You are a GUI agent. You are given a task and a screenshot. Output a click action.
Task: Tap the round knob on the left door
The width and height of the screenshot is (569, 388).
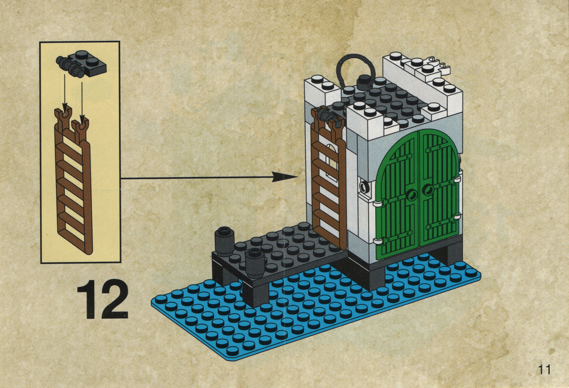[411, 196]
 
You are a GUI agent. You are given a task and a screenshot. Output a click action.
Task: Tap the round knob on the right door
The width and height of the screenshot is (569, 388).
[429, 189]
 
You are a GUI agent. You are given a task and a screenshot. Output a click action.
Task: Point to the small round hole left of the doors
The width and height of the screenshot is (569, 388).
[364, 187]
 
